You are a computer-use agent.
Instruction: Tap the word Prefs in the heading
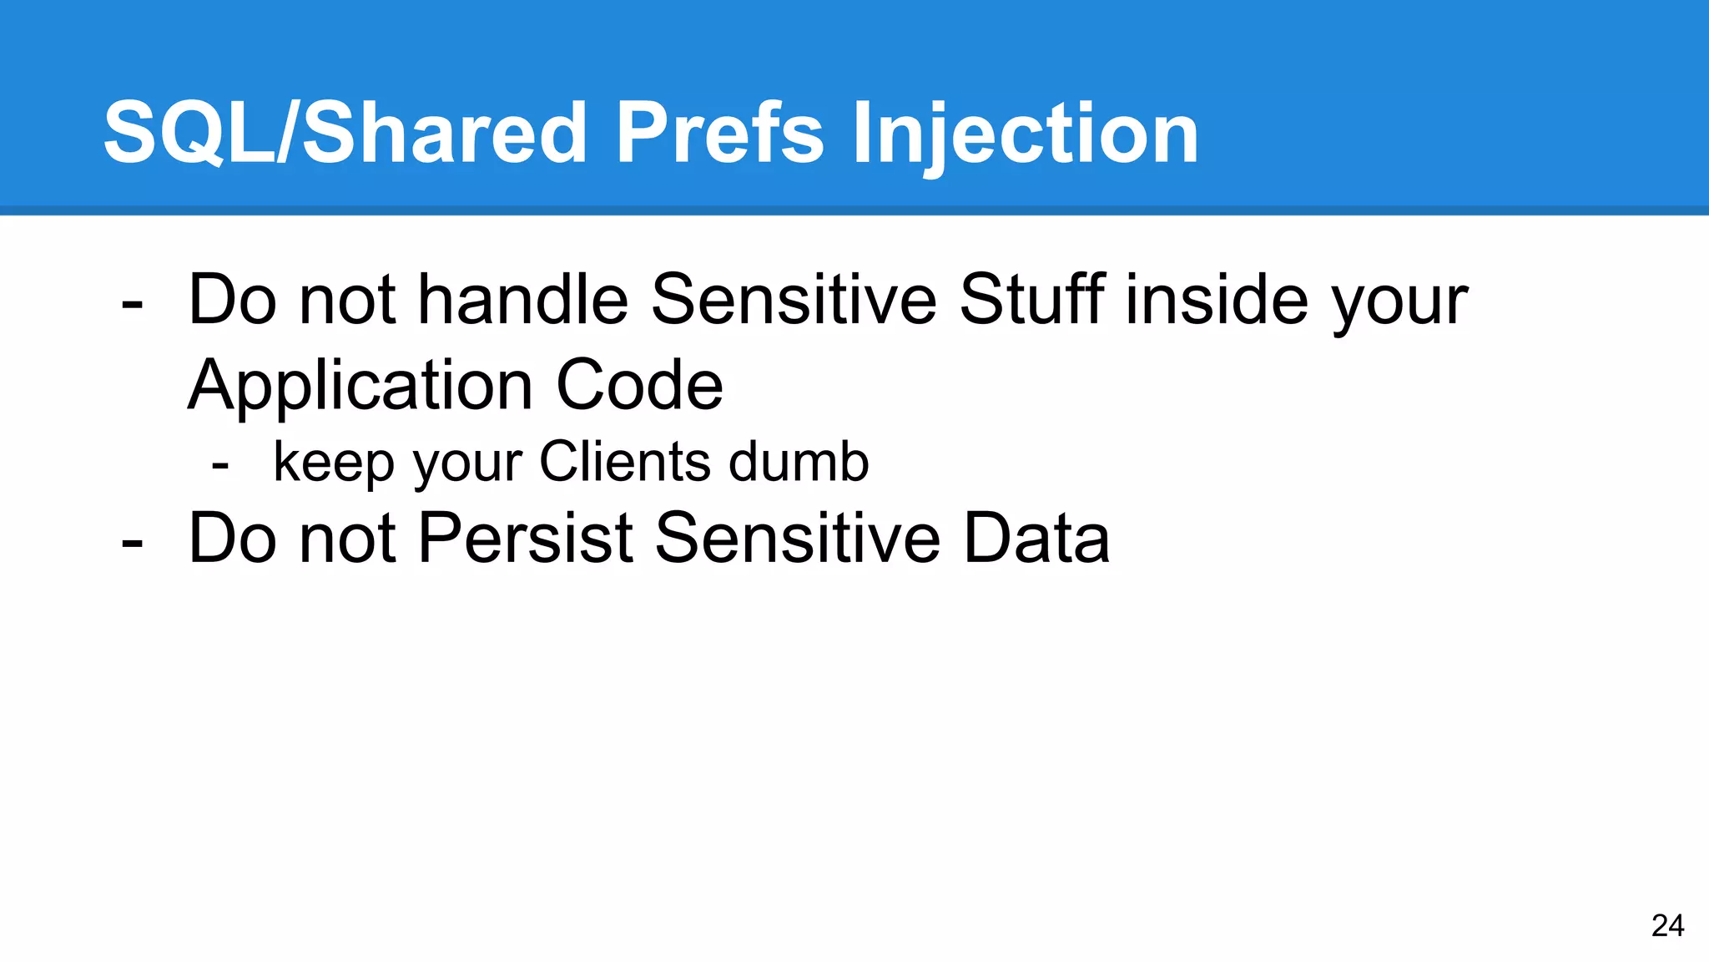click(x=719, y=134)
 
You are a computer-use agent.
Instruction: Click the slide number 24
click(x=1667, y=925)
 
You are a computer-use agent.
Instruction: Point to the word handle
click(x=522, y=300)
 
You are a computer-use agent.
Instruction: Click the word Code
click(x=639, y=386)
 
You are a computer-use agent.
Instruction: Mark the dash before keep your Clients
click(x=220, y=464)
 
